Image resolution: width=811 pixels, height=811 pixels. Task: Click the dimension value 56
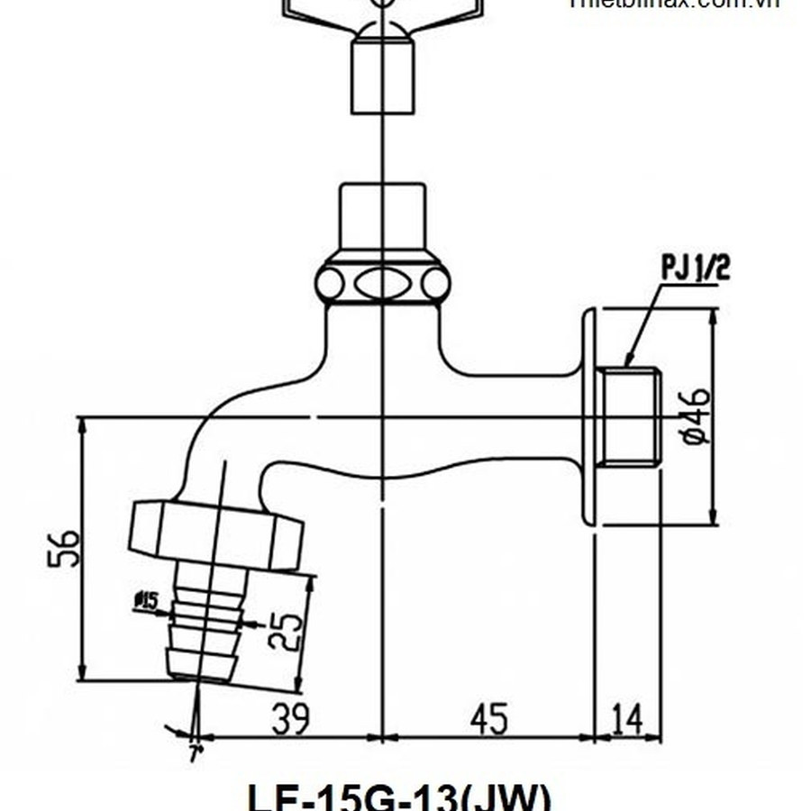[65, 548]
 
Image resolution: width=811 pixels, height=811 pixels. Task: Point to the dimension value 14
[628, 719]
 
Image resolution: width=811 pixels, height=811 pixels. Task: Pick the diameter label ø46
[697, 415]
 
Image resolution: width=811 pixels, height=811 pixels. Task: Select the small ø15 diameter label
[145, 599]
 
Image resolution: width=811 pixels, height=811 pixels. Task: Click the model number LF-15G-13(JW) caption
[397, 797]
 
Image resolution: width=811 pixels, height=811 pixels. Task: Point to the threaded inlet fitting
[629, 416]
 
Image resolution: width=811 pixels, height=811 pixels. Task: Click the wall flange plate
[589, 416]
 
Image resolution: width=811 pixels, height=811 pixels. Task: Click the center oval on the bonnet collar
[382, 284]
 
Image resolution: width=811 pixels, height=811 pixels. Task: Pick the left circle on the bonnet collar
[330, 284]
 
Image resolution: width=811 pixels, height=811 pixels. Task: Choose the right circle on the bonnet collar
[435, 284]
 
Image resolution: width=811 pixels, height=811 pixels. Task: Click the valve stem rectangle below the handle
[382, 79]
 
